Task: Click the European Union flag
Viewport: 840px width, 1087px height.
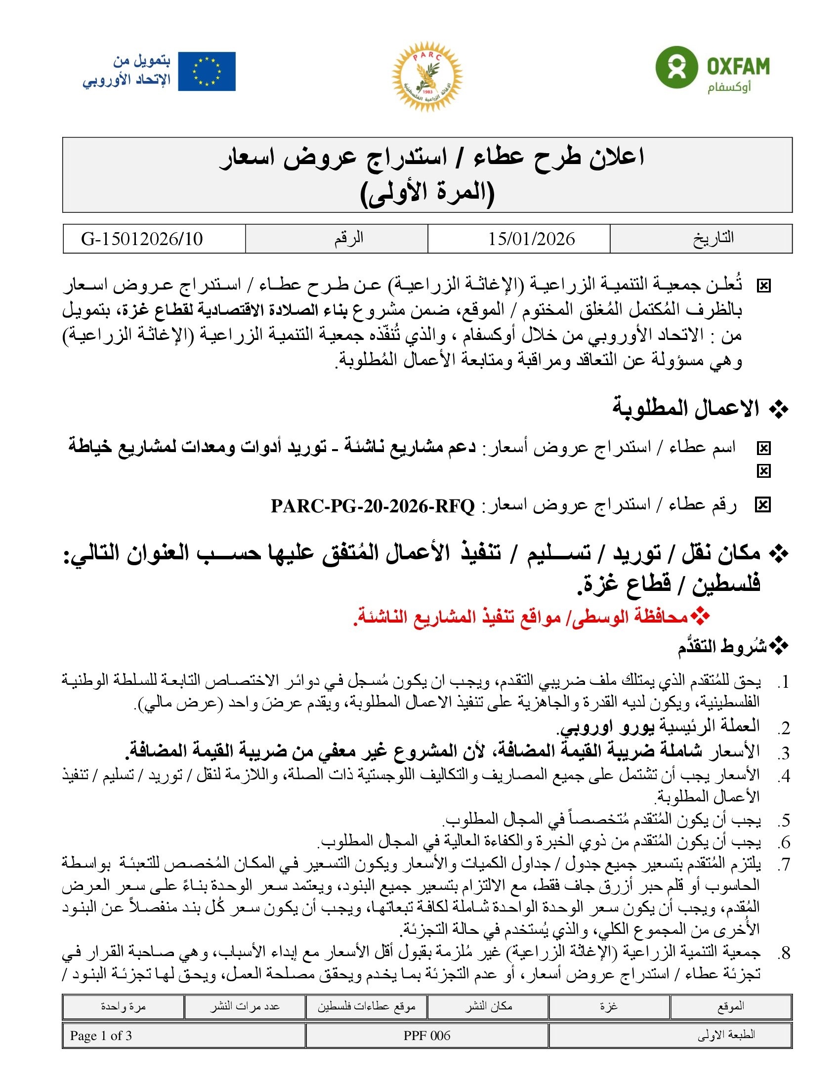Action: click(x=207, y=72)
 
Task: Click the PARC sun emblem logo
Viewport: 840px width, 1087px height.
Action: click(x=427, y=76)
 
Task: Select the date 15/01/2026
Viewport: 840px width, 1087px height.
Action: click(x=531, y=239)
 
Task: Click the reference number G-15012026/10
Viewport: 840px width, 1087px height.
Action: click(x=142, y=239)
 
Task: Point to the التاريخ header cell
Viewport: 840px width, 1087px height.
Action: click(x=713, y=239)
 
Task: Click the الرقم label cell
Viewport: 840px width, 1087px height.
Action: click(x=348, y=239)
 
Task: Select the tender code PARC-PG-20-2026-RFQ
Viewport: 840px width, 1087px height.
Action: click(x=373, y=506)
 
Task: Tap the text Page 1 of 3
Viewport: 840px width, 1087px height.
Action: click(x=101, y=1036)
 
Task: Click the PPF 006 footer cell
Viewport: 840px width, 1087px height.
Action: click(x=427, y=1036)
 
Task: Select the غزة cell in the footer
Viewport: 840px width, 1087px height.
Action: click(x=609, y=1006)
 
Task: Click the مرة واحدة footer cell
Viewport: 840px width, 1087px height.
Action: click(x=123, y=1006)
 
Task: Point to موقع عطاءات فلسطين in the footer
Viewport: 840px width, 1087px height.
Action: click(x=367, y=1006)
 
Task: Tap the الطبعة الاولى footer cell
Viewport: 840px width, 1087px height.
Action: click(x=726, y=1036)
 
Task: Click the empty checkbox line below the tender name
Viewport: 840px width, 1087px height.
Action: click(x=763, y=471)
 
